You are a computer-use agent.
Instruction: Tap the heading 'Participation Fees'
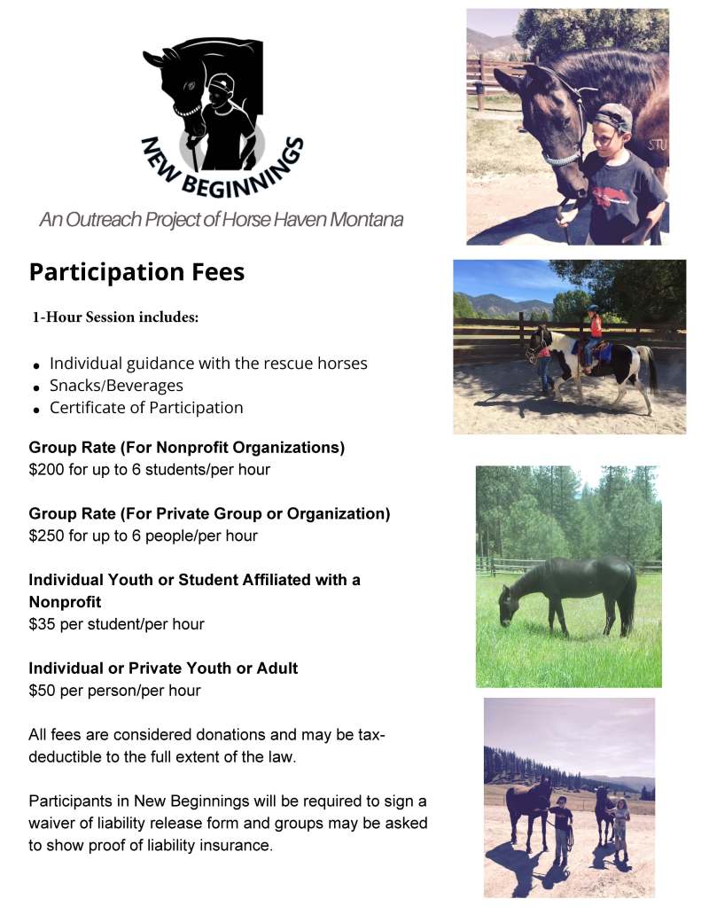[136, 271]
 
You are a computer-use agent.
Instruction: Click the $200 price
[45, 469]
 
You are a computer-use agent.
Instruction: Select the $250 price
[45, 536]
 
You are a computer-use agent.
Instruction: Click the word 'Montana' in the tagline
[366, 219]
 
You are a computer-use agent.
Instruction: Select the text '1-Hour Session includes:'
[115, 318]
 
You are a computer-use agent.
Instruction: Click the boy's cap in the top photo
[613, 115]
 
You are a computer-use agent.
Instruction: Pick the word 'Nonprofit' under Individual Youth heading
[65, 602]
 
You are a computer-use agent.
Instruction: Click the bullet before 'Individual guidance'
[36, 365]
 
